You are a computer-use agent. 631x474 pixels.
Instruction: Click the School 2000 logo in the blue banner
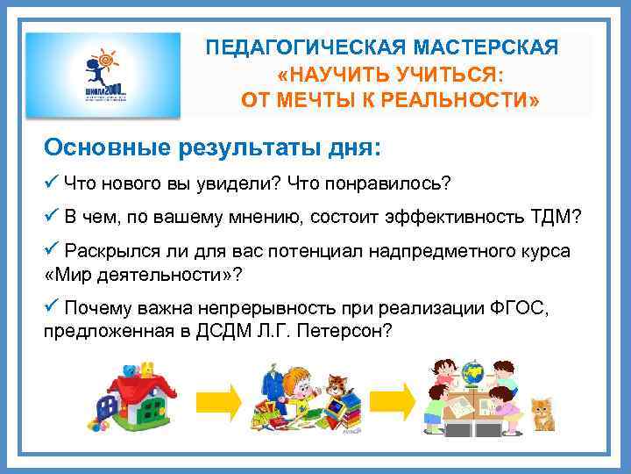click(103, 75)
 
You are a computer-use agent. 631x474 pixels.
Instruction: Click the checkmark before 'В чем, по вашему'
click(51, 217)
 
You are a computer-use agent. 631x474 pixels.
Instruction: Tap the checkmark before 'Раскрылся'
click(51, 250)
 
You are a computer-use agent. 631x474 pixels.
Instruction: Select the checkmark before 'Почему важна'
click(51, 308)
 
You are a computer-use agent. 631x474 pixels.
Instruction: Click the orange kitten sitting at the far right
click(543, 413)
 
